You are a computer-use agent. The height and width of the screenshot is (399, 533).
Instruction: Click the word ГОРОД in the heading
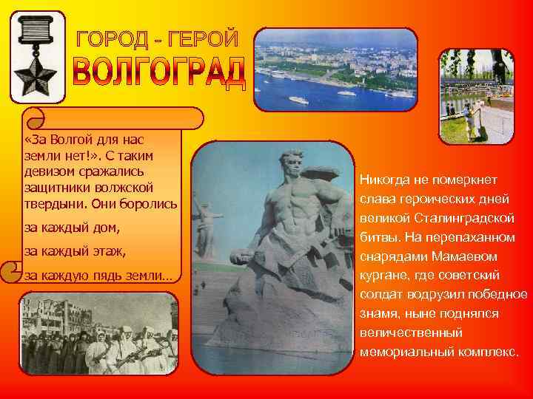pyautogui.click(x=116, y=39)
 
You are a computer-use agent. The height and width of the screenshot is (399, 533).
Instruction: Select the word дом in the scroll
pyautogui.click(x=107, y=226)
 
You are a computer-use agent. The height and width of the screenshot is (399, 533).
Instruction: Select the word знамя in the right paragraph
pyautogui.click(x=378, y=314)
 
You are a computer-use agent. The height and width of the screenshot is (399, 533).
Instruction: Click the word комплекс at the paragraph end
pyautogui.click(x=486, y=352)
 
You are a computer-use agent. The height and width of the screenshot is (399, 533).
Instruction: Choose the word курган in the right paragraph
pyautogui.click(x=381, y=276)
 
